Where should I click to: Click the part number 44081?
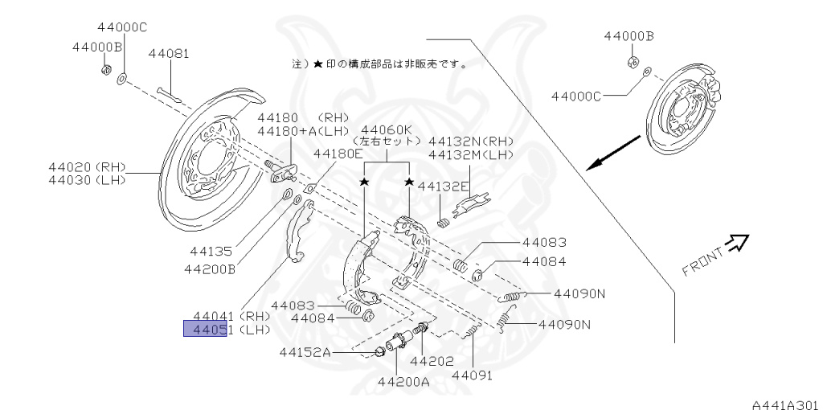click(169, 54)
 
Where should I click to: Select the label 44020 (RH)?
click(89, 167)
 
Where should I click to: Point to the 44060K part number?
click(387, 129)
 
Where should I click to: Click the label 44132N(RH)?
click(470, 141)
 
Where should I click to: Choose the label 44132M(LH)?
click(470, 154)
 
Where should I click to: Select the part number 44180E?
click(338, 153)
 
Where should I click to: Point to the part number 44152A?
click(305, 351)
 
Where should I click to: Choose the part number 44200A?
click(403, 381)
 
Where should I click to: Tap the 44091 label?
click(472, 375)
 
